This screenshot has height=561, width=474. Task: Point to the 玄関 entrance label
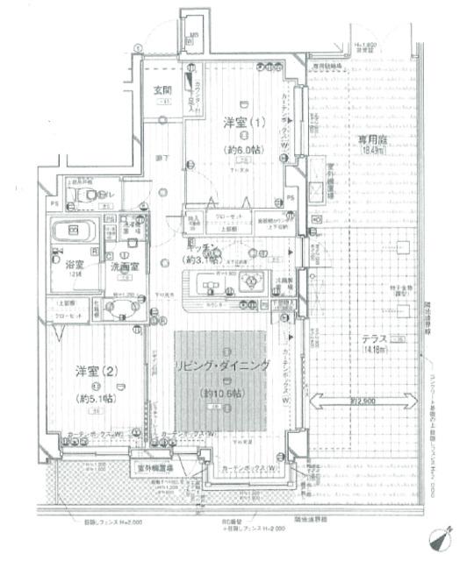(x=162, y=90)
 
